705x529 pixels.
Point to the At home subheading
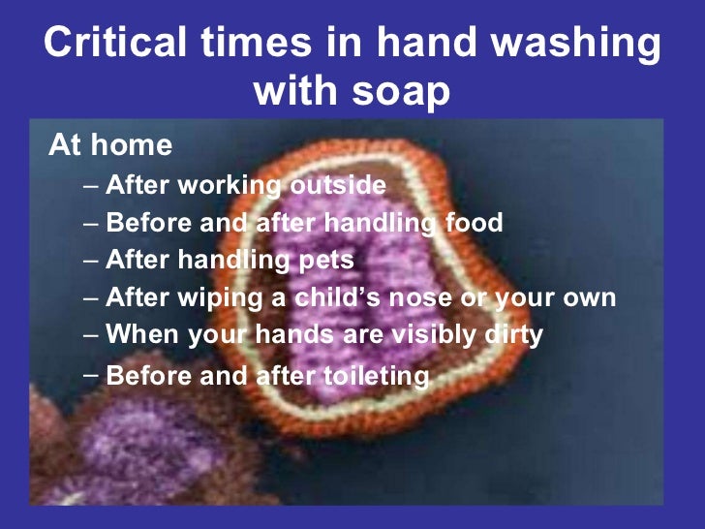(110, 146)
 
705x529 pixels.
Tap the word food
(474, 224)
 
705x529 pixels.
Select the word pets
(324, 262)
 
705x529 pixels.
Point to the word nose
(426, 298)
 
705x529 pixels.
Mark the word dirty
(511, 335)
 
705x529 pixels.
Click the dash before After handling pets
(90, 262)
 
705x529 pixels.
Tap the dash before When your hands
(90, 335)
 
